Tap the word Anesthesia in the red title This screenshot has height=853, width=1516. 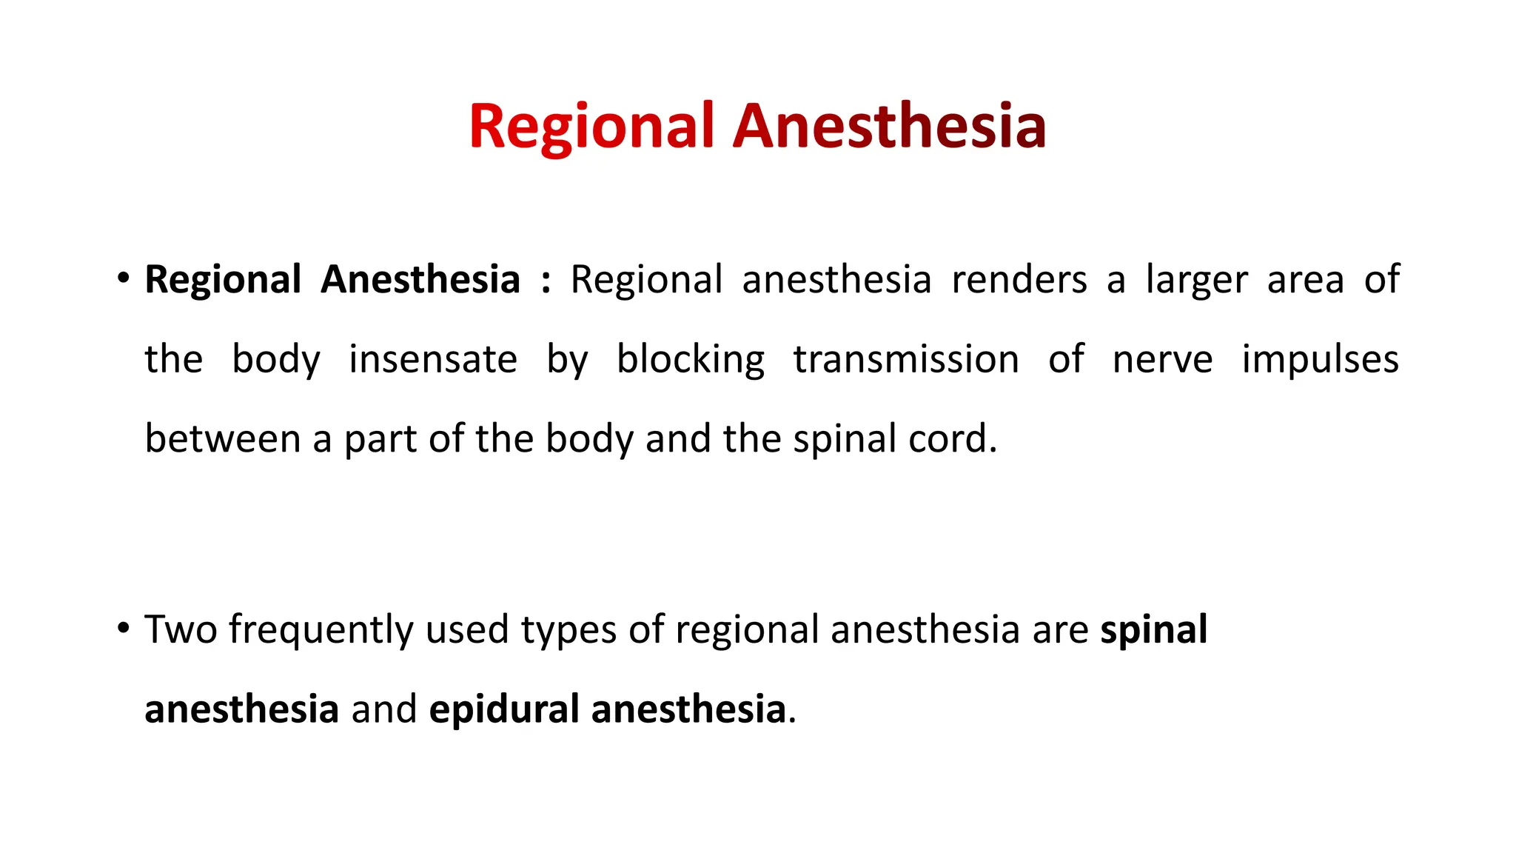tap(889, 127)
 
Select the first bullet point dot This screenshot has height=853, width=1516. tap(124, 279)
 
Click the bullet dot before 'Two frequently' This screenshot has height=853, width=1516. tap(124, 629)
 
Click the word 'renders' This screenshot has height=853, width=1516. tap(1019, 280)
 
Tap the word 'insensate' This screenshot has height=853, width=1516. tap(433, 359)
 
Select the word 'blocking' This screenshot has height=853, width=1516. tap(691, 361)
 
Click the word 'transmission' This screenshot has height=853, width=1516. tap(906, 359)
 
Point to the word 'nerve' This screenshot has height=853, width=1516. tap(1162, 361)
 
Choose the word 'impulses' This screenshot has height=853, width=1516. tap(1320, 361)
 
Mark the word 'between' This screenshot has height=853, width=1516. tap(223, 438)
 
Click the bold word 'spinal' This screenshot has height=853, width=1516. tap(1153, 631)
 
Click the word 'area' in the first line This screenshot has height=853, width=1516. tap(1305, 280)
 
